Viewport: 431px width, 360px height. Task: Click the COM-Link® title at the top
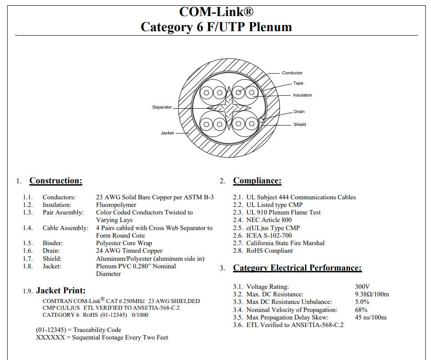216,12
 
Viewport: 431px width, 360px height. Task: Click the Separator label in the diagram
162,107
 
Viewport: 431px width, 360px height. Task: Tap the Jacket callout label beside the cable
167,133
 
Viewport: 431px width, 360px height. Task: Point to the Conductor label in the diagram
292,73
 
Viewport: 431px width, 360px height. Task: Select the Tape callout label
298,83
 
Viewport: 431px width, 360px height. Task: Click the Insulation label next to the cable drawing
302,95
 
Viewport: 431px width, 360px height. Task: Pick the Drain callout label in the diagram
299,112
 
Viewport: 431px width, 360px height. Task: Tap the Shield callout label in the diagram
300,125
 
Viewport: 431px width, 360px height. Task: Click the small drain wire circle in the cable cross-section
261,120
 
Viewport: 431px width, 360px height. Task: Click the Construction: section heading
56,181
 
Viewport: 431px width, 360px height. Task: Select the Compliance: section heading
257,181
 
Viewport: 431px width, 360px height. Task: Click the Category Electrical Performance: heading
298,268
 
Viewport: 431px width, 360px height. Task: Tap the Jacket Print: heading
61,291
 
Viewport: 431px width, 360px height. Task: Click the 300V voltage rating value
363,287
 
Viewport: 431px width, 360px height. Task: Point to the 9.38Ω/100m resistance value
372,294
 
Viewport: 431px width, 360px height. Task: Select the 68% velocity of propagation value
361,310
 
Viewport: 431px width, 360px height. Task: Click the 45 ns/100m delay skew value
371,317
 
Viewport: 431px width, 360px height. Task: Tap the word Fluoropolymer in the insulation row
116,205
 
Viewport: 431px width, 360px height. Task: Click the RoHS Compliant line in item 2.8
270,251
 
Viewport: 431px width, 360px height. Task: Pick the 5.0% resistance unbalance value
362,302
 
